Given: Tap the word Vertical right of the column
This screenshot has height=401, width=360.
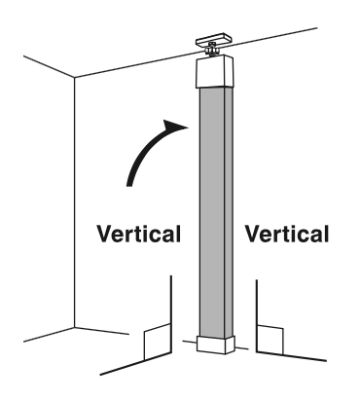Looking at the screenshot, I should (287, 234).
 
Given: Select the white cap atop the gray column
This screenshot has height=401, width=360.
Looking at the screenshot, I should (215, 74).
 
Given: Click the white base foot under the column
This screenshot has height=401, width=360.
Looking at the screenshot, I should (215, 344).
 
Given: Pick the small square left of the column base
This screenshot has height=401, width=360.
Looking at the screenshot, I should (157, 343).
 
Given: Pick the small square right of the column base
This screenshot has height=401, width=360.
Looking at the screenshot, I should (269, 342).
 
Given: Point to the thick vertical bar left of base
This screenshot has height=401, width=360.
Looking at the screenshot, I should (170, 307).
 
